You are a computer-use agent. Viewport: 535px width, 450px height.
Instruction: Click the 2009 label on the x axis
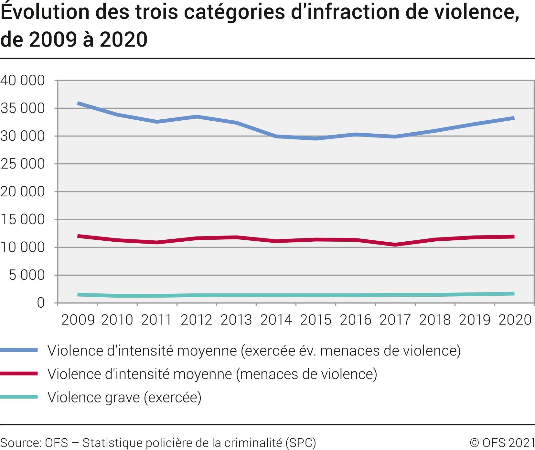click(78, 320)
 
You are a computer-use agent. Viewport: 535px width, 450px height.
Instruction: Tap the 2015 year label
click(316, 320)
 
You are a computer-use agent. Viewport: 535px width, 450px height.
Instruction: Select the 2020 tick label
click(515, 320)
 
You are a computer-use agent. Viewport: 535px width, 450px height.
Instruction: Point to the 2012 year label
click(197, 320)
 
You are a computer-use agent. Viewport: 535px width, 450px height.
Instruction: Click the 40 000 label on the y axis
click(23, 81)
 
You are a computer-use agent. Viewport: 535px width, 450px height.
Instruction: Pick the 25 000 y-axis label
click(23, 164)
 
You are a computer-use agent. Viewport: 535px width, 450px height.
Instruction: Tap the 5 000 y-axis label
click(27, 275)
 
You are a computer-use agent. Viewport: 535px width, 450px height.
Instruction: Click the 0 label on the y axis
click(41, 303)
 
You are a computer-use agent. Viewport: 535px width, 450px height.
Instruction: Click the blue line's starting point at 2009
click(78, 104)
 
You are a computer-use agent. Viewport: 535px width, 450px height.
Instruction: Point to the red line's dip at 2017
click(395, 245)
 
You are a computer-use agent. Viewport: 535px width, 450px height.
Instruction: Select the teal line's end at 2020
click(514, 294)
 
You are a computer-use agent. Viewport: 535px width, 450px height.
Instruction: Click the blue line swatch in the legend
click(19, 350)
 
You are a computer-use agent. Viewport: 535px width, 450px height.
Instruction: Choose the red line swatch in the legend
click(19, 374)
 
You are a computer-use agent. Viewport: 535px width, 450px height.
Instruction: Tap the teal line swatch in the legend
click(19, 397)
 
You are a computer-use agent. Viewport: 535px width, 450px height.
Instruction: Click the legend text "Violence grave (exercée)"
click(124, 397)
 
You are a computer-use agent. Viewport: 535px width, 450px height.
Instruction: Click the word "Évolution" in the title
click(45, 12)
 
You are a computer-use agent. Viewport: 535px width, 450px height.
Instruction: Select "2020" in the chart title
click(123, 40)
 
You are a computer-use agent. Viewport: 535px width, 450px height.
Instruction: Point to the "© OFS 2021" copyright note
click(502, 443)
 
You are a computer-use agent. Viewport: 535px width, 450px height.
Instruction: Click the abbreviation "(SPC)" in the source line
click(301, 443)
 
